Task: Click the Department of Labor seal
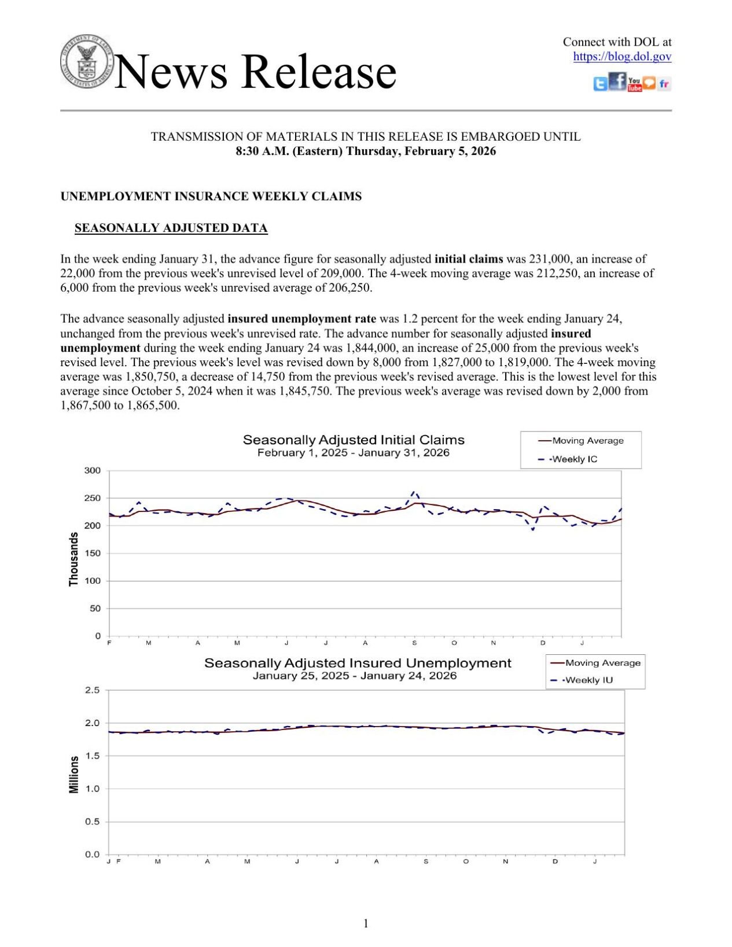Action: [x=87, y=61]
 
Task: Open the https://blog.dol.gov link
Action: [x=622, y=57]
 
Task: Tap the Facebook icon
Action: [x=618, y=82]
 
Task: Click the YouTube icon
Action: [x=634, y=84]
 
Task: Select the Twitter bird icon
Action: [x=601, y=84]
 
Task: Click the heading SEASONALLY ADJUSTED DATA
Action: [x=171, y=228]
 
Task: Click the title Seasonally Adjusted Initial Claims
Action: [x=354, y=440]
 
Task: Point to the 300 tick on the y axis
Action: [x=93, y=470]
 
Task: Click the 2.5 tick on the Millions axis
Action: [x=93, y=690]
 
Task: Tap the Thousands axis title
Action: [x=73, y=559]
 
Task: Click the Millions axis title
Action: [x=73, y=775]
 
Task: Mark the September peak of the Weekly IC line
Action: [x=414, y=492]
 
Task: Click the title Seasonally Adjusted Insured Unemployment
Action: [x=358, y=663]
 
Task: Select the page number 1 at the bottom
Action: [x=366, y=923]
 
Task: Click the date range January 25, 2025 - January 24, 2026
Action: [x=354, y=676]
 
